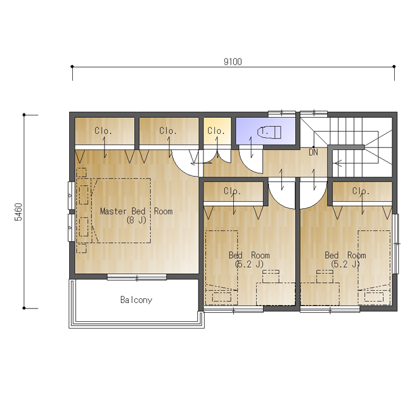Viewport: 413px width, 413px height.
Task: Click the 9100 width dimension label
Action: [x=233, y=61]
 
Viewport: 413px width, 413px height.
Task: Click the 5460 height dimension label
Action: [x=19, y=212]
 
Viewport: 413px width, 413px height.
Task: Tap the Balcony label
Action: [x=136, y=300]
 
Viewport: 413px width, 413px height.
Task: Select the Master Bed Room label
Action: [x=136, y=211]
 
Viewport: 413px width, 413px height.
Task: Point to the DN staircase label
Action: [x=313, y=152]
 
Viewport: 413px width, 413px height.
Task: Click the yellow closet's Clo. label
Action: [x=216, y=131]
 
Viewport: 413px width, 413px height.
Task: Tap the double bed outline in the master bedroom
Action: [x=121, y=210]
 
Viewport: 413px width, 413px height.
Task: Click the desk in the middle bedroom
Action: [x=276, y=294]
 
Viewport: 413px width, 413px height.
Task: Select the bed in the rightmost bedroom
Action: [x=374, y=268]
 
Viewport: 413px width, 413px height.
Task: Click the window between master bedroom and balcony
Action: [x=137, y=277]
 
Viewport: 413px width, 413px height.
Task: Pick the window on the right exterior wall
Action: [x=395, y=244]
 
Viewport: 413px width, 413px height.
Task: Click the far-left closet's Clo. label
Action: [x=103, y=131]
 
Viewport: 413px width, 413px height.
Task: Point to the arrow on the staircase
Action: [x=338, y=163]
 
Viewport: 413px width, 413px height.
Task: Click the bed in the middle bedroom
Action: [x=222, y=268]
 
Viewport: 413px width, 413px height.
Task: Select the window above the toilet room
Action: [x=282, y=114]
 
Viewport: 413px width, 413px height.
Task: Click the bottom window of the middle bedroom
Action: [x=233, y=310]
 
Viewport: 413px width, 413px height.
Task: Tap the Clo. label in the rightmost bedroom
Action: [x=361, y=191]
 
